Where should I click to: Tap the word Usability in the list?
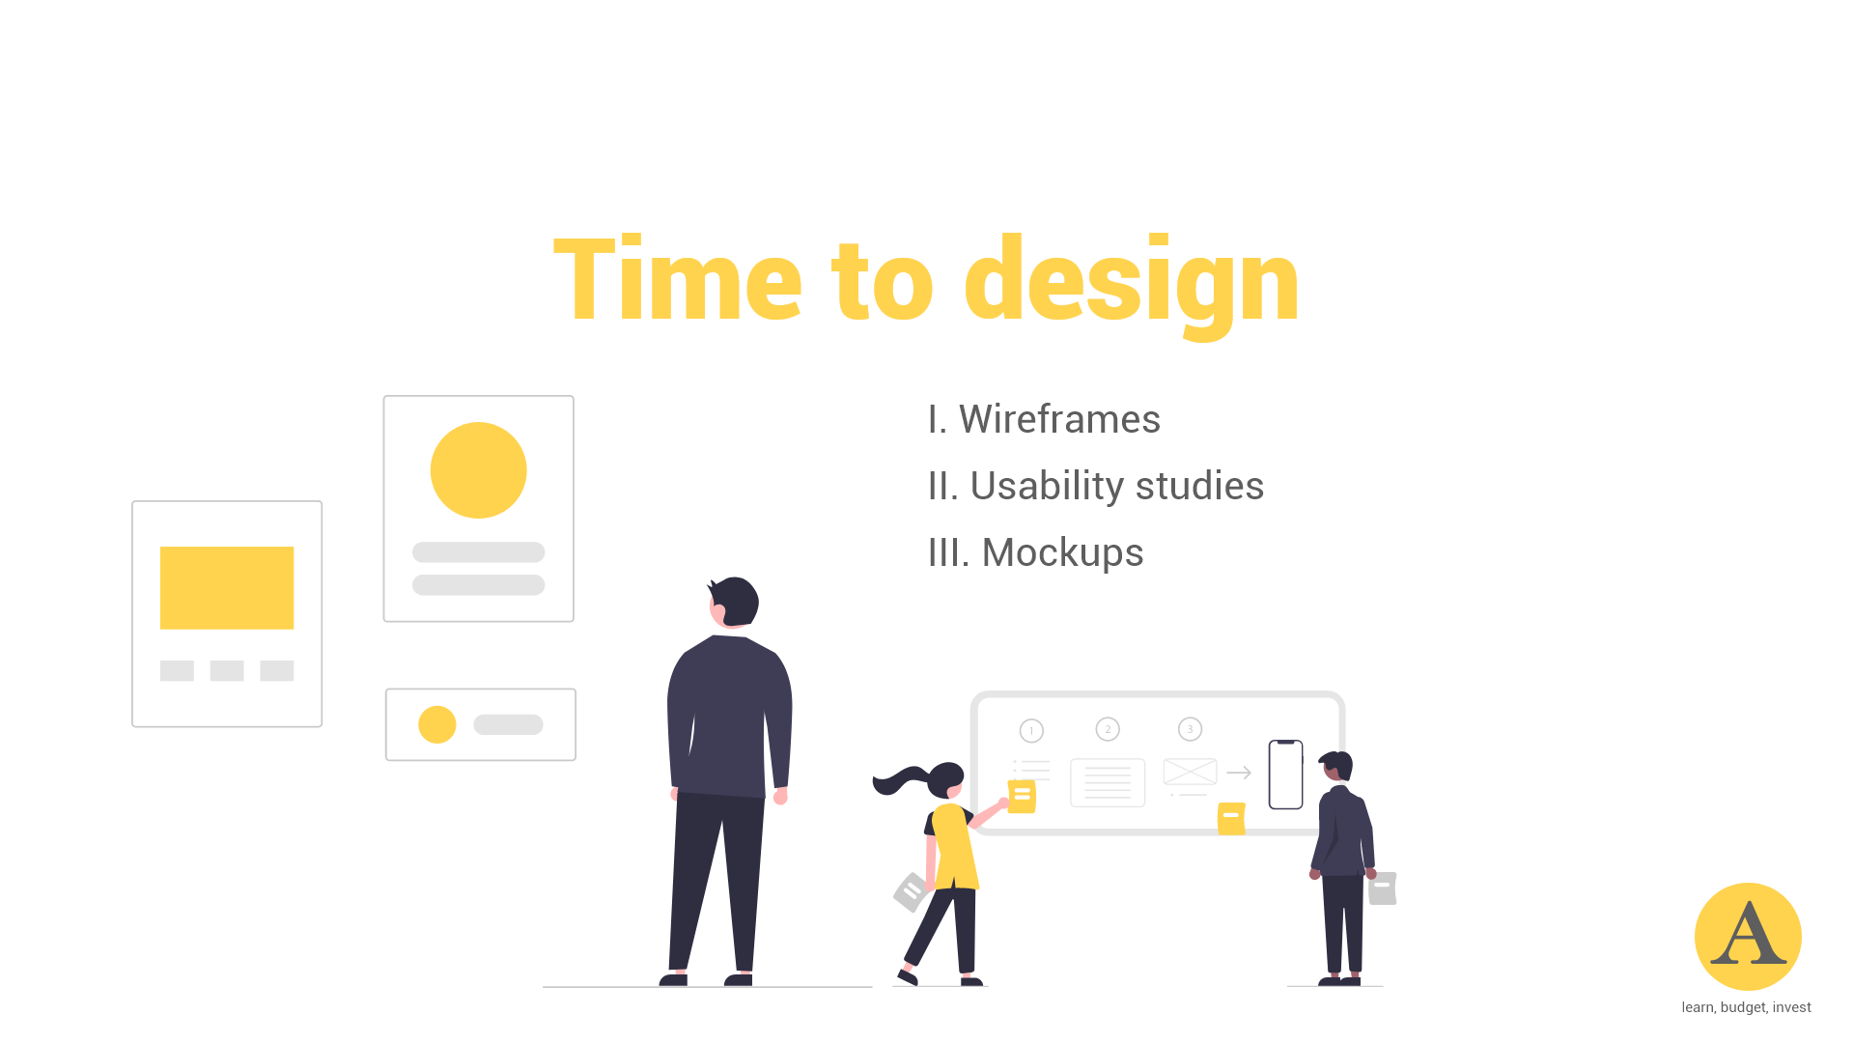[x=1047, y=486]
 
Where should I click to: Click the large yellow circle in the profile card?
[x=478, y=470]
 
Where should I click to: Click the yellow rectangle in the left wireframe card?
[x=227, y=588]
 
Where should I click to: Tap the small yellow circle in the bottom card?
[x=436, y=724]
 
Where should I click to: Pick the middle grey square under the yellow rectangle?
[x=227, y=670]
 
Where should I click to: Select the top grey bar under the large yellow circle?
[x=478, y=552]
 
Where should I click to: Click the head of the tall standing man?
[x=735, y=602]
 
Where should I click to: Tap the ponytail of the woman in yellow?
[x=899, y=778]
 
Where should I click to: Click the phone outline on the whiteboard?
[x=1285, y=775]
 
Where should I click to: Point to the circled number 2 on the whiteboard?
[x=1108, y=729]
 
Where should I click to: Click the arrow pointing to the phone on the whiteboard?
[x=1239, y=773]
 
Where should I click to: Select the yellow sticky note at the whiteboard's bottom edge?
[x=1231, y=818]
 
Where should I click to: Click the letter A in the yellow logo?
[x=1748, y=935]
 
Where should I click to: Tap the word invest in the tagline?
[x=1791, y=1007]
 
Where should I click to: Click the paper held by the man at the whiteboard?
[x=1383, y=888]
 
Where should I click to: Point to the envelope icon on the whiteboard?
[x=1190, y=772]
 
